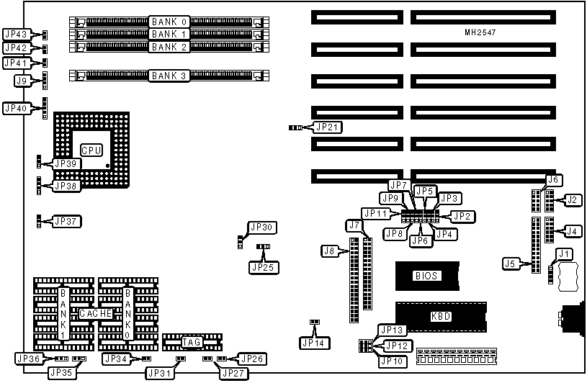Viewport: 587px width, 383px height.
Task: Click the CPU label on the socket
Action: click(x=91, y=150)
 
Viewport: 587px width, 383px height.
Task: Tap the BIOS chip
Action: click(x=426, y=275)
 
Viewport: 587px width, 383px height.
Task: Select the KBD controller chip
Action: click(x=440, y=316)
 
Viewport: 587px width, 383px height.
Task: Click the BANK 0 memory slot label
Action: click(x=169, y=22)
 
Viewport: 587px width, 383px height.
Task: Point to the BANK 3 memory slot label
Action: click(x=169, y=75)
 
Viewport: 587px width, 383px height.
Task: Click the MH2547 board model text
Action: click(x=480, y=34)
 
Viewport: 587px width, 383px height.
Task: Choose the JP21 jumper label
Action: click(x=328, y=127)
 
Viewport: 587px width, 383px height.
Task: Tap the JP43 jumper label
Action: click(x=16, y=34)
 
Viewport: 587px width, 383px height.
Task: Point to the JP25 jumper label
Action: click(x=264, y=267)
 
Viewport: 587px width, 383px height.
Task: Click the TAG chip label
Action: click(x=192, y=342)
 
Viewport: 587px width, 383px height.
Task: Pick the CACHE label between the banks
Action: click(x=95, y=314)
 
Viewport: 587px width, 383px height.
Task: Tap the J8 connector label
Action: click(x=330, y=251)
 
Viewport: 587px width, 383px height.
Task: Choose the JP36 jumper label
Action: click(x=28, y=359)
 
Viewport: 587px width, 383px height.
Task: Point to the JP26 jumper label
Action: click(x=252, y=359)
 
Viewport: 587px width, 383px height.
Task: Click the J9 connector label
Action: click(x=22, y=81)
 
